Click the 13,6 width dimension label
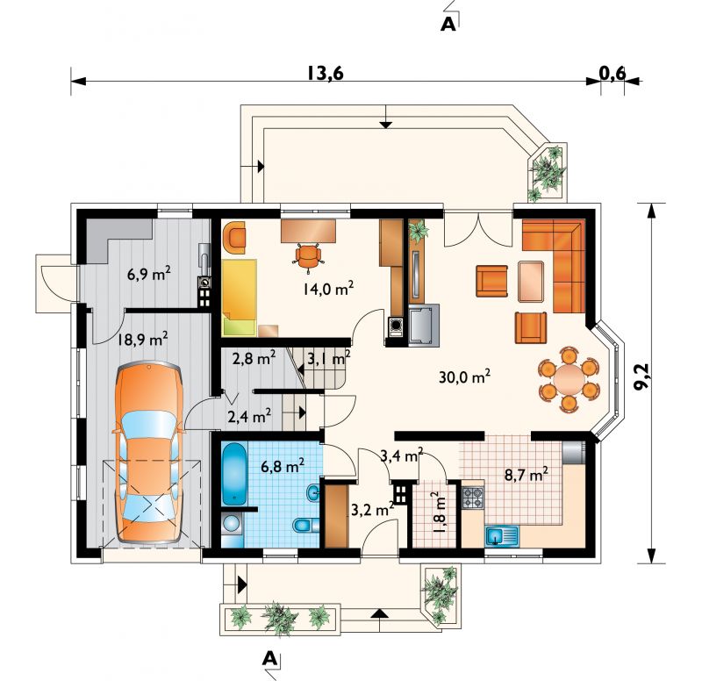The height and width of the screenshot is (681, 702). point(326,73)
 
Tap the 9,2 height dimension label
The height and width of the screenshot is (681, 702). point(642,378)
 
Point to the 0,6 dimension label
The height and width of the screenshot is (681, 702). point(612,73)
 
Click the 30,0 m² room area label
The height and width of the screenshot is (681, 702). point(464,377)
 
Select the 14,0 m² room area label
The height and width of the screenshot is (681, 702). point(328,289)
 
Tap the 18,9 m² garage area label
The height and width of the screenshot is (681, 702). point(142,340)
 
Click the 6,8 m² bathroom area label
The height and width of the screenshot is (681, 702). point(283,466)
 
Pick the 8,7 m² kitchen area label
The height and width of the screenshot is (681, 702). point(526,474)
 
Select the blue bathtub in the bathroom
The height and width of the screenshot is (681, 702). point(234,474)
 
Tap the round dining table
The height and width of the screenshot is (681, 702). point(569,378)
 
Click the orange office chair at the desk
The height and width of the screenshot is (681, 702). point(308,256)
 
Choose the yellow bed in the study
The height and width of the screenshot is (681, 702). point(239,297)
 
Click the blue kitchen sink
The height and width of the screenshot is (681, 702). point(502,536)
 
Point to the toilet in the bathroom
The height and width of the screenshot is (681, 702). point(306,524)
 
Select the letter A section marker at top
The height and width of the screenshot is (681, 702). point(448,25)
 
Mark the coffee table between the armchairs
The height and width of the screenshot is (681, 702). point(532,282)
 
